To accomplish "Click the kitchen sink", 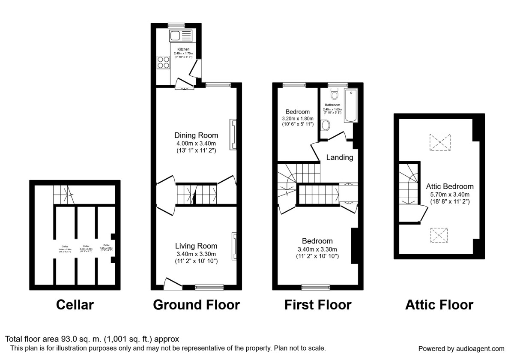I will (x=182, y=35).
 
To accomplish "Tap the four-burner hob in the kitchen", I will (x=164, y=63).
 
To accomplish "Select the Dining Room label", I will (x=196, y=135).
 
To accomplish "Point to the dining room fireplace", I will (x=233, y=135).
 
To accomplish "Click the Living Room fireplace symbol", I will (x=233, y=246).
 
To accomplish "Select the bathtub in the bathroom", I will (x=351, y=106).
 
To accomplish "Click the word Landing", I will (x=340, y=157).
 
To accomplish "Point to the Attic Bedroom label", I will (x=450, y=186).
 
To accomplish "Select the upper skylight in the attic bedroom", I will (x=440, y=142).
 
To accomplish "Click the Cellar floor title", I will (x=75, y=305).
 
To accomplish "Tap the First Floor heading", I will (x=318, y=305).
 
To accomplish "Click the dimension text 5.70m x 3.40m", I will (x=450, y=194).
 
